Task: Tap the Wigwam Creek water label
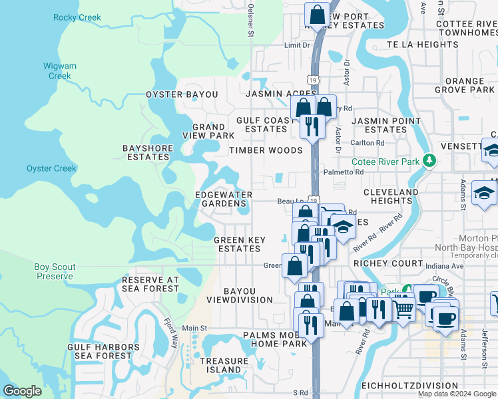pos(60,71)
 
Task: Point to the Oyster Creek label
pos(51,168)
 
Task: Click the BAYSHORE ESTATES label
pos(148,152)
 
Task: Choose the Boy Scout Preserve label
pos(55,271)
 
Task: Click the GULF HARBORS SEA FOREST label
pos(103,351)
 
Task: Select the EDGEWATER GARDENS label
pos(223,199)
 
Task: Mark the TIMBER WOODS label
pos(266,150)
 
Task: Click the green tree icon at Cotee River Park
pos(430,160)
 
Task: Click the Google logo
pos(23,391)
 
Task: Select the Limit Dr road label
pos(297,45)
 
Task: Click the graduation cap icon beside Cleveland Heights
pos(483,194)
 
